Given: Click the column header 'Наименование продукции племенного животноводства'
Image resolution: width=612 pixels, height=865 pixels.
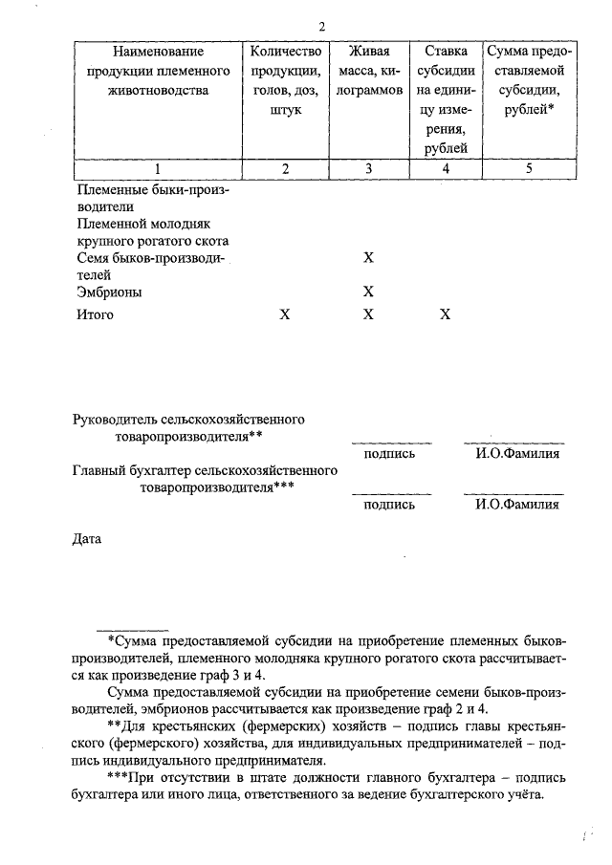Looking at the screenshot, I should tap(158, 72).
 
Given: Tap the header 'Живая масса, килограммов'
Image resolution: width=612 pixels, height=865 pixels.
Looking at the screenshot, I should tap(368, 72).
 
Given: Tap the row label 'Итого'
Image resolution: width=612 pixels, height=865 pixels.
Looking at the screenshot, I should tap(95, 314).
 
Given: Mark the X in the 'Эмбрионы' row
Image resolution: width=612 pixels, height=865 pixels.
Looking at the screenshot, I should tap(368, 292).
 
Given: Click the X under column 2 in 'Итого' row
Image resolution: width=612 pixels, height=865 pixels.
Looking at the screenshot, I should tap(284, 314).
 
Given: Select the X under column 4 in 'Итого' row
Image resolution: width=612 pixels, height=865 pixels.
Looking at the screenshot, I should tap(445, 314).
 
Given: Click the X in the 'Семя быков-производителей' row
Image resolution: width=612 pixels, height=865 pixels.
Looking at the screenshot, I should tap(368, 258).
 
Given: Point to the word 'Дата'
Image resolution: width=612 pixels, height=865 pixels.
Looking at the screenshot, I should tap(87, 539).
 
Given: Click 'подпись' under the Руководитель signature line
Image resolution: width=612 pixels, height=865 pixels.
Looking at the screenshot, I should tap(390, 453).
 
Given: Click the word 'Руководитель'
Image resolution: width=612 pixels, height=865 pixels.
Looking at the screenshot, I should tap(114, 419).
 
